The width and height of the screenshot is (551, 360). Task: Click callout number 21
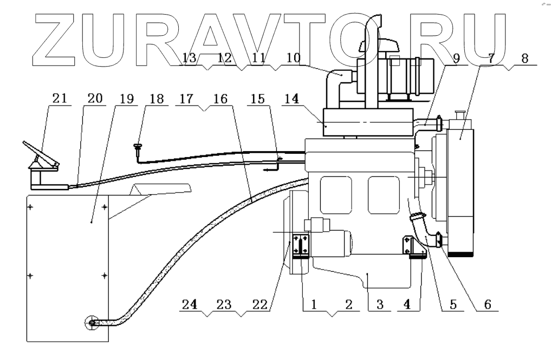(60, 98)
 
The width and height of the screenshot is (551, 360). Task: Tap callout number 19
(126, 99)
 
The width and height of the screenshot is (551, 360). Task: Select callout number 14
(291, 99)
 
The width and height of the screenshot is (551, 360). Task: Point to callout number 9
(456, 58)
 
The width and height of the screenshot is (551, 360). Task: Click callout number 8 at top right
(524, 58)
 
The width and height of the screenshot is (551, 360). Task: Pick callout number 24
(190, 304)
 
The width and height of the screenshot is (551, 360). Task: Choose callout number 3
(379, 304)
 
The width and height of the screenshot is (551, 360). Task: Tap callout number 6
(488, 304)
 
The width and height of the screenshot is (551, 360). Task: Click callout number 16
(221, 99)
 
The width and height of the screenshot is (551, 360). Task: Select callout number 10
(294, 57)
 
